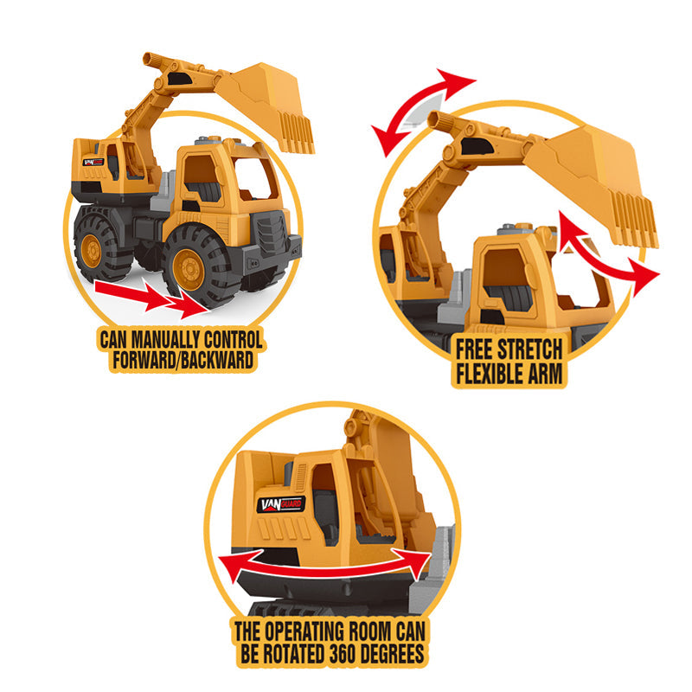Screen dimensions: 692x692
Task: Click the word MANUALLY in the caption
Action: [165, 340]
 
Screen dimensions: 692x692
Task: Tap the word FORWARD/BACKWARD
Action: [183, 360]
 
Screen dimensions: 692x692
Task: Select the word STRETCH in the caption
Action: [529, 350]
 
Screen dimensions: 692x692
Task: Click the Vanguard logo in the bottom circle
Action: [280, 504]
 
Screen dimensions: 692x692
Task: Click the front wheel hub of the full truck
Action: [189, 270]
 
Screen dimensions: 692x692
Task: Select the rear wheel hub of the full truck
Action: [92, 250]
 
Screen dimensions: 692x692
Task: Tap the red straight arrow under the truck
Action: [152, 298]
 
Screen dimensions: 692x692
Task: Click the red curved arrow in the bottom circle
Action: [324, 569]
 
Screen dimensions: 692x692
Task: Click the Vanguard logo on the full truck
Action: [93, 162]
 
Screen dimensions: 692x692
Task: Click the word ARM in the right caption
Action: [545, 374]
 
